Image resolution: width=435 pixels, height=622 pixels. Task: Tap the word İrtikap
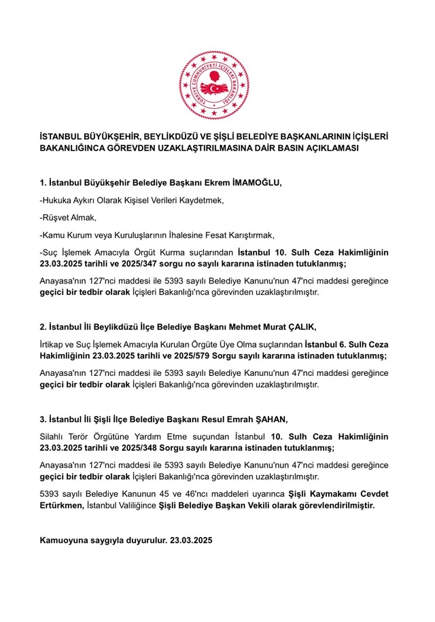[54, 344]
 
